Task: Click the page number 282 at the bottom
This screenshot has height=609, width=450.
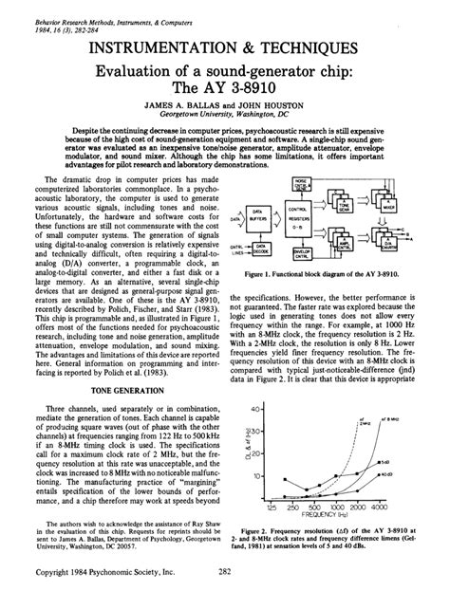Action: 225,598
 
